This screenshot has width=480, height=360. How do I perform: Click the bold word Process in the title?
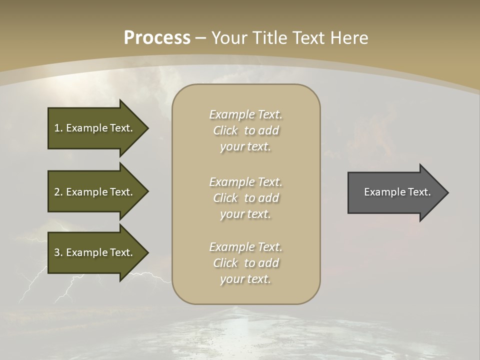(x=157, y=38)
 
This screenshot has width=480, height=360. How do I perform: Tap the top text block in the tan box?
(x=245, y=130)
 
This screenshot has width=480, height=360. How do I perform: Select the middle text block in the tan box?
(x=245, y=198)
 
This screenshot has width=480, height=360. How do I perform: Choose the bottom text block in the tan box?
(x=245, y=263)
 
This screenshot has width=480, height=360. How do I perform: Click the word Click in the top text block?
(x=225, y=130)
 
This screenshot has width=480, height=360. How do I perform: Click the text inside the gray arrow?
(x=397, y=192)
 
